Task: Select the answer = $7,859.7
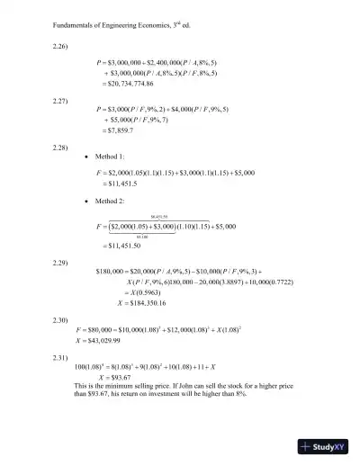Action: [114, 131]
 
